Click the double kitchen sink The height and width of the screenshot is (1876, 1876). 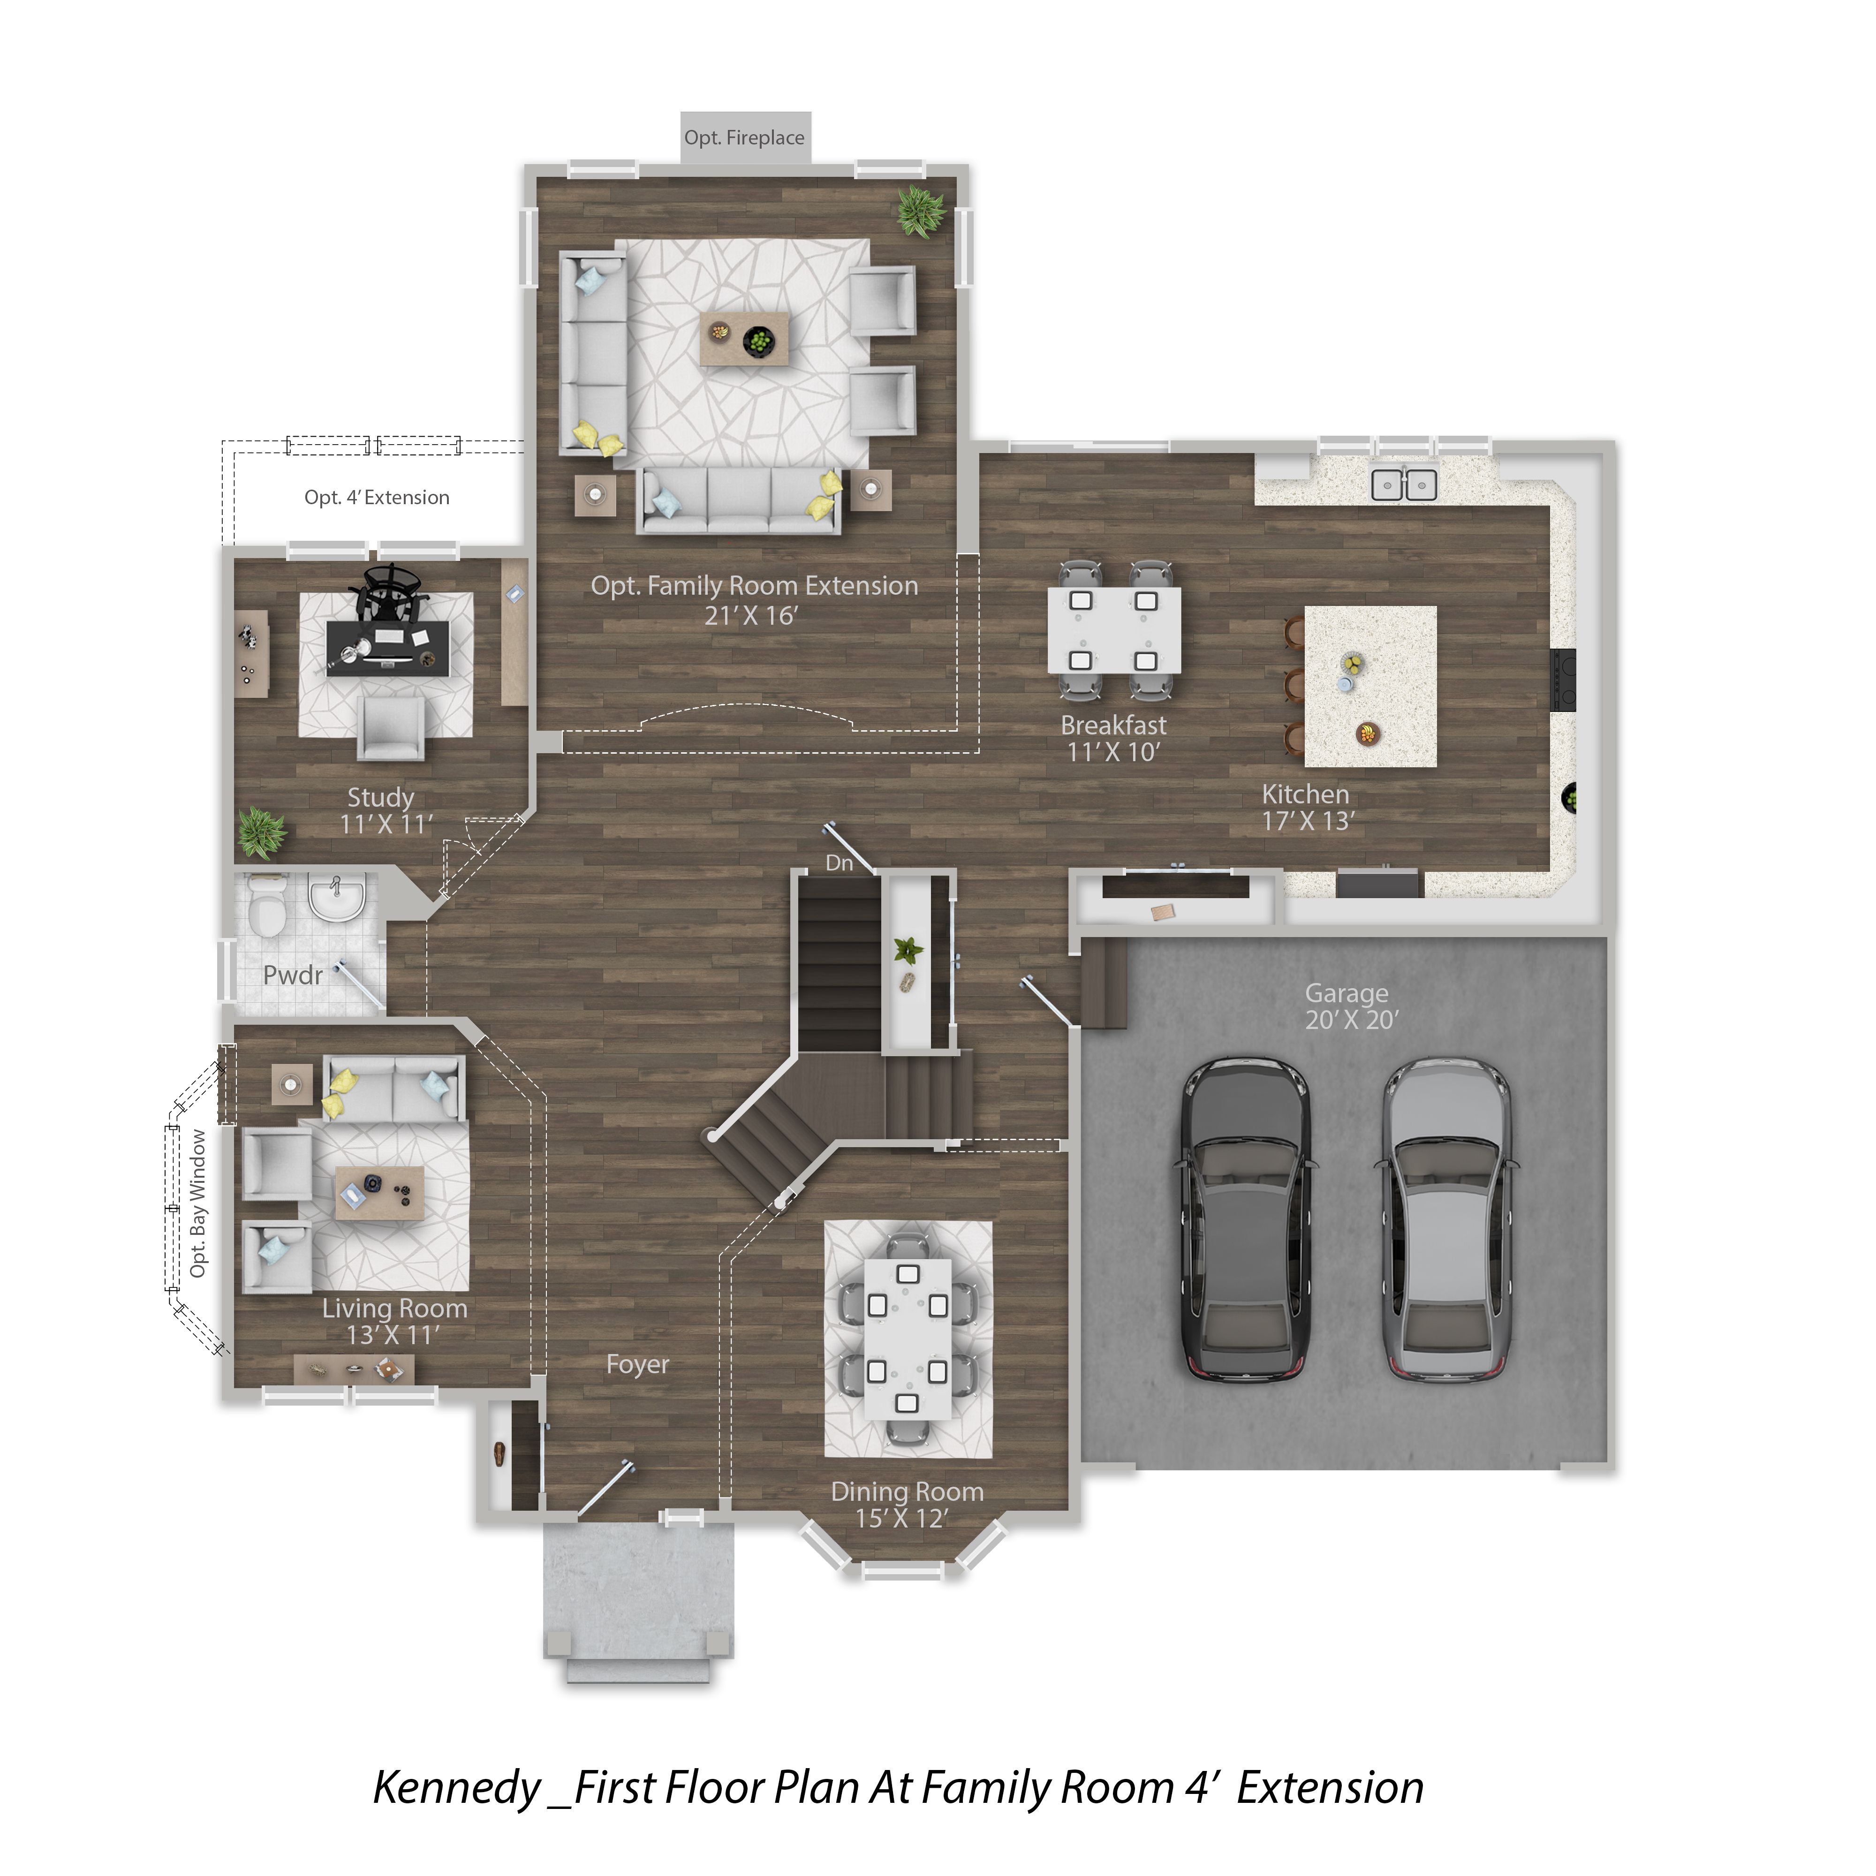tap(1404, 484)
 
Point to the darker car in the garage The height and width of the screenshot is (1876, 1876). tap(1246, 1218)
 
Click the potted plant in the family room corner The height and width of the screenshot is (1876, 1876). tap(921, 211)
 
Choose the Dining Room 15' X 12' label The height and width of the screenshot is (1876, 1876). tap(907, 1505)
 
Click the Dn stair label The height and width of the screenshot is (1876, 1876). tap(839, 862)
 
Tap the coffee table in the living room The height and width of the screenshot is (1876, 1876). tap(380, 1192)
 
